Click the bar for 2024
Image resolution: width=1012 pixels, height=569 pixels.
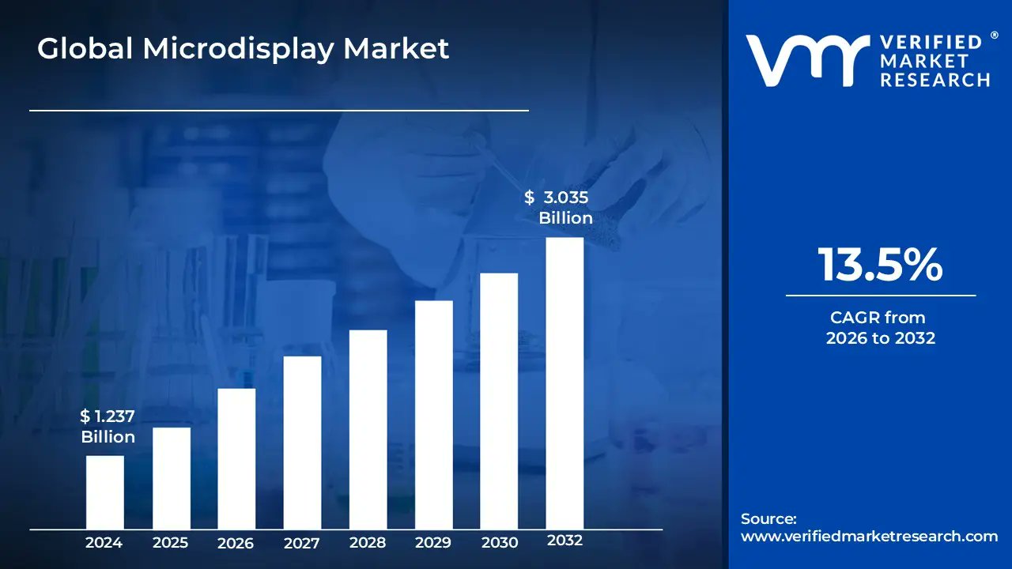point(104,492)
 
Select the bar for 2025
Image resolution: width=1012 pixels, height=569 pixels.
point(171,478)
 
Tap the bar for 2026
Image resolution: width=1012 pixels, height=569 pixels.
point(236,458)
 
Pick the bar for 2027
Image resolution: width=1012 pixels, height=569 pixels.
point(302,443)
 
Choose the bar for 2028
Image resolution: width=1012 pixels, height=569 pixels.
point(368,429)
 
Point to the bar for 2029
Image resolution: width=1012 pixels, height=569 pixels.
point(433,415)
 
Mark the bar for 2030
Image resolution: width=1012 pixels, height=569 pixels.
point(499,401)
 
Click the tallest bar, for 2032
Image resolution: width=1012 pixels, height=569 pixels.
point(565,383)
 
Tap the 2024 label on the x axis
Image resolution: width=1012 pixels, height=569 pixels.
point(104,543)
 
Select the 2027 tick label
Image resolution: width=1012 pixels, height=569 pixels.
point(302,543)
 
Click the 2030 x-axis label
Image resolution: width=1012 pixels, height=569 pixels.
point(499,543)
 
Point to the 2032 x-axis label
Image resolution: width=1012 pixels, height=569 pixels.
point(565,541)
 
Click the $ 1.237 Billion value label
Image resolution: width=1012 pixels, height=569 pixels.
point(108,427)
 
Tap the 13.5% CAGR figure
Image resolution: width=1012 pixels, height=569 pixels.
point(880,265)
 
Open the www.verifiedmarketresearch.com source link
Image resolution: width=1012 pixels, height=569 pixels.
point(869,537)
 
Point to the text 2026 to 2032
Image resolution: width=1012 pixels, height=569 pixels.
point(880,338)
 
